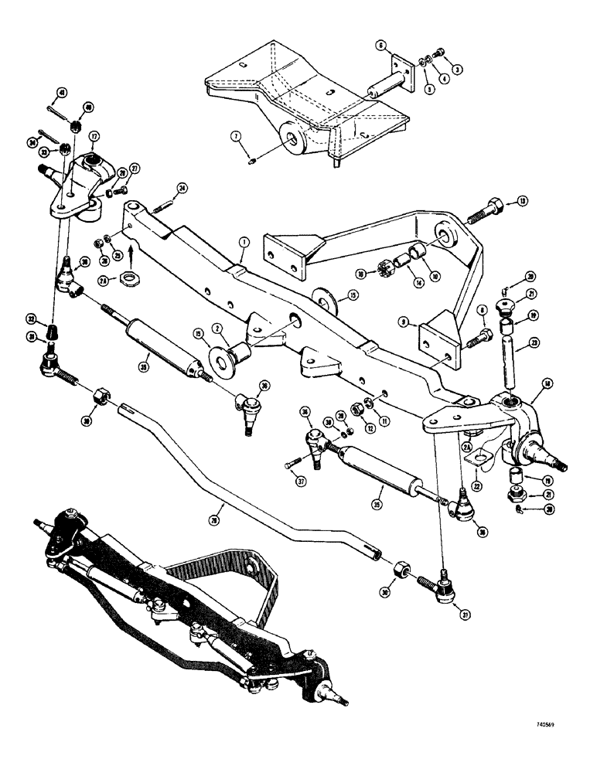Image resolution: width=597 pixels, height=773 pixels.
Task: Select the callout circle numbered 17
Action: (x=94, y=137)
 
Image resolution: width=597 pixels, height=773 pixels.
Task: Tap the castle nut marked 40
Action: (x=77, y=124)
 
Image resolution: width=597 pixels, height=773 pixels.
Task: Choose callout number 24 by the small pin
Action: (x=182, y=186)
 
